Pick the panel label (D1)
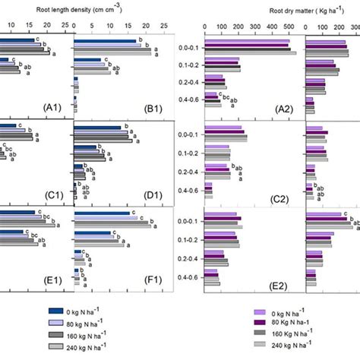(x=156, y=194)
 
